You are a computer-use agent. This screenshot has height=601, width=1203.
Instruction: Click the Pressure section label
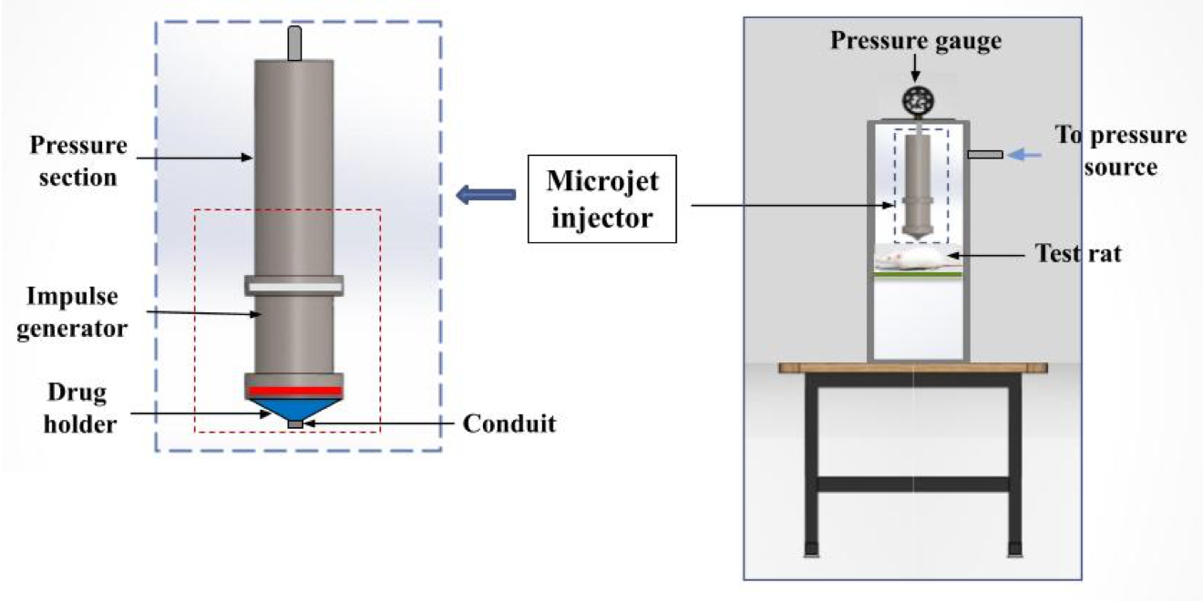pyautogui.click(x=77, y=161)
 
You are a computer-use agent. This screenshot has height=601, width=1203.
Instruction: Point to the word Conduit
pyautogui.click(x=509, y=423)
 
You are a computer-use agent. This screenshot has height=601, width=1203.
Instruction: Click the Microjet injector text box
pyautogui.click(x=601, y=199)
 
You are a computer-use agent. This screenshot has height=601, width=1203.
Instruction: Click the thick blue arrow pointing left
pyautogui.click(x=485, y=194)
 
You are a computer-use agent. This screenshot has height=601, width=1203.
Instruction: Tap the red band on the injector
pyautogui.click(x=293, y=391)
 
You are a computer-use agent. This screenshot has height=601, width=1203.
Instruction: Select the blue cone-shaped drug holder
pyautogui.click(x=293, y=406)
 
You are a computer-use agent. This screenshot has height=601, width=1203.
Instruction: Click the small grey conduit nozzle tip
pyautogui.click(x=294, y=424)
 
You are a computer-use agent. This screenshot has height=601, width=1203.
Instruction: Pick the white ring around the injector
pyautogui.click(x=293, y=288)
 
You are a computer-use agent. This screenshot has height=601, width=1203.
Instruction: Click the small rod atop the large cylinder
pyautogui.click(x=293, y=44)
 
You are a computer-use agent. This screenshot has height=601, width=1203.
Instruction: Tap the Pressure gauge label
pyautogui.click(x=915, y=41)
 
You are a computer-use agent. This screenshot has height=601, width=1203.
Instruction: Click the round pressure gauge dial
pyautogui.click(x=914, y=100)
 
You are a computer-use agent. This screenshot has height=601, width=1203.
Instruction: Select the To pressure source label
pyautogui.click(x=1121, y=151)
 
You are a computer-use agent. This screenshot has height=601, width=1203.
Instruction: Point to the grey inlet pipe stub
pyautogui.click(x=985, y=155)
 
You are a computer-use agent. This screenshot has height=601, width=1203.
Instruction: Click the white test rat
pyautogui.click(x=911, y=262)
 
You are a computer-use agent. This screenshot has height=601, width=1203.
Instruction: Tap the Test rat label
pyautogui.click(x=1078, y=253)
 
